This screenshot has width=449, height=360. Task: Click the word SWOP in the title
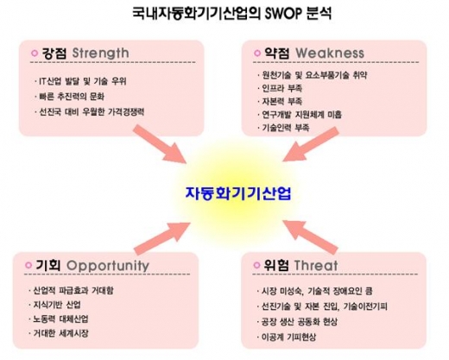tap(288, 15)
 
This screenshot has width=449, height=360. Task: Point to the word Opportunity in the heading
tap(102, 264)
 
